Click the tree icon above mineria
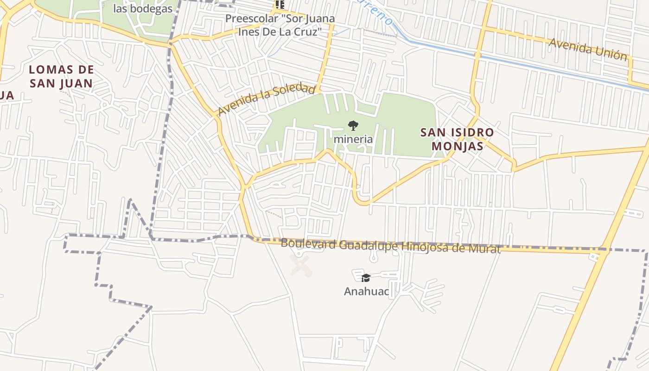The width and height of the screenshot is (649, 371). pos(353,125)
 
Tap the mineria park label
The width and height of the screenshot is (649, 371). pos(353,139)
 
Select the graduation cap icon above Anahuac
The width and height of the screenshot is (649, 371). pos(366,278)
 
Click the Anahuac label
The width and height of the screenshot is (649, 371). pos(366,291)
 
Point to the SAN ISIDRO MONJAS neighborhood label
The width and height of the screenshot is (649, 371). pos(457,139)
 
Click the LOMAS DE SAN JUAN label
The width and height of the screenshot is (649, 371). pos(61,77)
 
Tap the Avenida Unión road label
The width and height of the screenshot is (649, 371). pos(588,49)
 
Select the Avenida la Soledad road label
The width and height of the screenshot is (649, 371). pos(266,99)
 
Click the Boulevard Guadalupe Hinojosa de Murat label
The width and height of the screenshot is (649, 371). pos(390,246)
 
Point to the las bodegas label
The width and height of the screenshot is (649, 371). pos(143,9)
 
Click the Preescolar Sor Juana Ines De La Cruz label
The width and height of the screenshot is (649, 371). pos(280,26)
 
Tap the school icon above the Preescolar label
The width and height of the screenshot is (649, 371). pos(280,5)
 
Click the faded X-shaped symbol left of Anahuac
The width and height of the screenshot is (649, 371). pos(301,266)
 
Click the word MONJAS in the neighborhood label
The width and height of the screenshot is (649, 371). pos(458,146)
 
